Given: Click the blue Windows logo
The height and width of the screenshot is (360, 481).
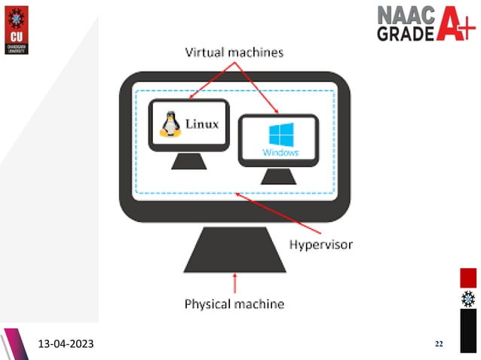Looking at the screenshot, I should pos(280,136).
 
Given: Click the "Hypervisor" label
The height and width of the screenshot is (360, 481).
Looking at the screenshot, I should pos(321,245).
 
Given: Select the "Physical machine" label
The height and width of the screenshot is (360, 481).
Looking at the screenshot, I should pos(234,304).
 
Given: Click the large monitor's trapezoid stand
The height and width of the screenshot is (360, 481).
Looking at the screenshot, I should pos(235,251).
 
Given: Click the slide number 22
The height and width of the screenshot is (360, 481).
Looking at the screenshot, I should pos(440,344).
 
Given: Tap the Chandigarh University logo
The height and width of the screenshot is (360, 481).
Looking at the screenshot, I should pos(16,25).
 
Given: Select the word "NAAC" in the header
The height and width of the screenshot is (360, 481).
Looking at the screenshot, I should pos(406,16).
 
